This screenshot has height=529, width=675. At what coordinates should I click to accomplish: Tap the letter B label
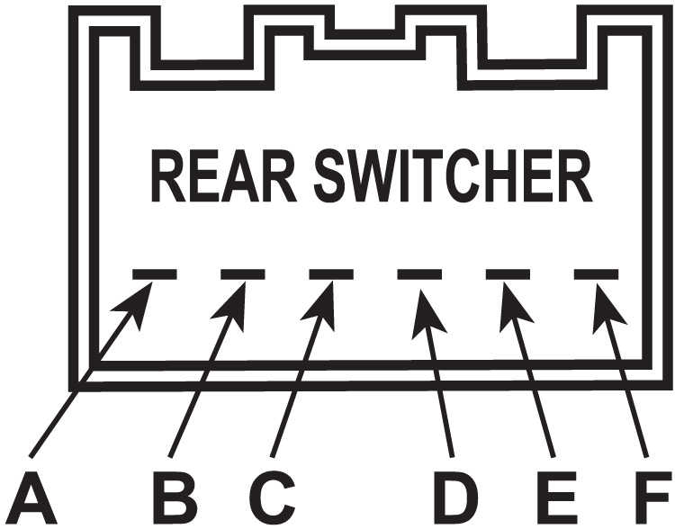pyautogui.click(x=176, y=498)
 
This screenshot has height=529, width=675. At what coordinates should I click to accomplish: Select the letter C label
pyautogui.click(x=272, y=498)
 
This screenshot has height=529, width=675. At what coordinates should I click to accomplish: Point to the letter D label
pyautogui.click(x=456, y=498)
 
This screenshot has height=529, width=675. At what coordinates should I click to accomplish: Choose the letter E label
pyautogui.click(x=557, y=498)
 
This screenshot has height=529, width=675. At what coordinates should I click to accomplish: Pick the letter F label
pyautogui.click(x=654, y=498)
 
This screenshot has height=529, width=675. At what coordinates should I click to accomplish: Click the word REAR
pyautogui.click(x=224, y=175)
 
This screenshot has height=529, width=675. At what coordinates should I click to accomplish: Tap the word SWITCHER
pyautogui.click(x=454, y=175)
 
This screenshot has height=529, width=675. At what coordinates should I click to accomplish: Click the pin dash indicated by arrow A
pyautogui.click(x=155, y=274)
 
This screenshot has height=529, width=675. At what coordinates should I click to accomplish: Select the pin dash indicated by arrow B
pyautogui.click(x=243, y=274)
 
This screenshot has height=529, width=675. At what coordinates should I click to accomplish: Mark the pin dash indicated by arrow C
pyautogui.click(x=331, y=274)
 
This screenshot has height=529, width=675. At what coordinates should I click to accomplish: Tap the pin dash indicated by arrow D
pyautogui.click(x=419, y=274)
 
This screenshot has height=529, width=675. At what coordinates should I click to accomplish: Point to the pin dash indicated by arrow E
pyautogui.click(x=508, y=274)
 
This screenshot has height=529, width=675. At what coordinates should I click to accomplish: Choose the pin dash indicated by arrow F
pyautogui.click(x=596, y=274)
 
